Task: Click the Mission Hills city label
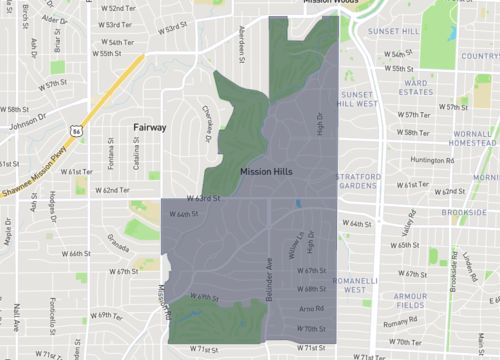tap(272, 173)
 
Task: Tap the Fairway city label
tap(149, 128)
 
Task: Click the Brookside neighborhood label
tap(465, 213)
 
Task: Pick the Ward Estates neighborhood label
tap(416, 86)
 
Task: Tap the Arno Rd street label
tap(314, 308)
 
